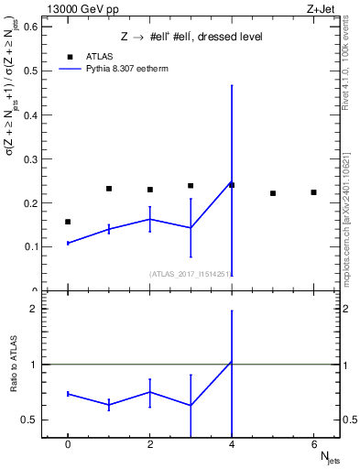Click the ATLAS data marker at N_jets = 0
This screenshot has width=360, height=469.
coord(68,222)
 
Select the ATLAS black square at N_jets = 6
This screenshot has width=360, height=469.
coord(313,192)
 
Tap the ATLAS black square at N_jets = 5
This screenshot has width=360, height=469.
coord(273,193)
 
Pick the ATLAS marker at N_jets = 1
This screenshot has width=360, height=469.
coord(109,189)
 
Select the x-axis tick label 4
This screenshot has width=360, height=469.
coord(232,445)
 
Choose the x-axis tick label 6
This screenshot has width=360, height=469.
coord(313,445)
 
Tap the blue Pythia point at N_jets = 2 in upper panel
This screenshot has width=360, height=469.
coord(150,219)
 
